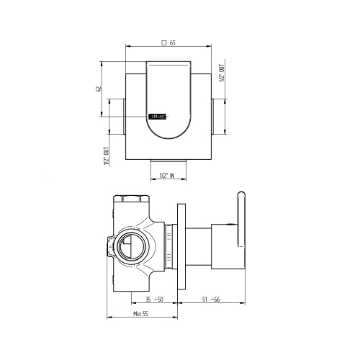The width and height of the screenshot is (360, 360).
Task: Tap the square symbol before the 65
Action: pos(165,43)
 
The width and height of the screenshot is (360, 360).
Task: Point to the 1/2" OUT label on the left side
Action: pos(106,152)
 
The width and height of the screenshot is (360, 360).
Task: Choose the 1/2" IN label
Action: pos(168,176)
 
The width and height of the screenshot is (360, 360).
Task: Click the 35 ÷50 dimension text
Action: pos(153,299)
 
